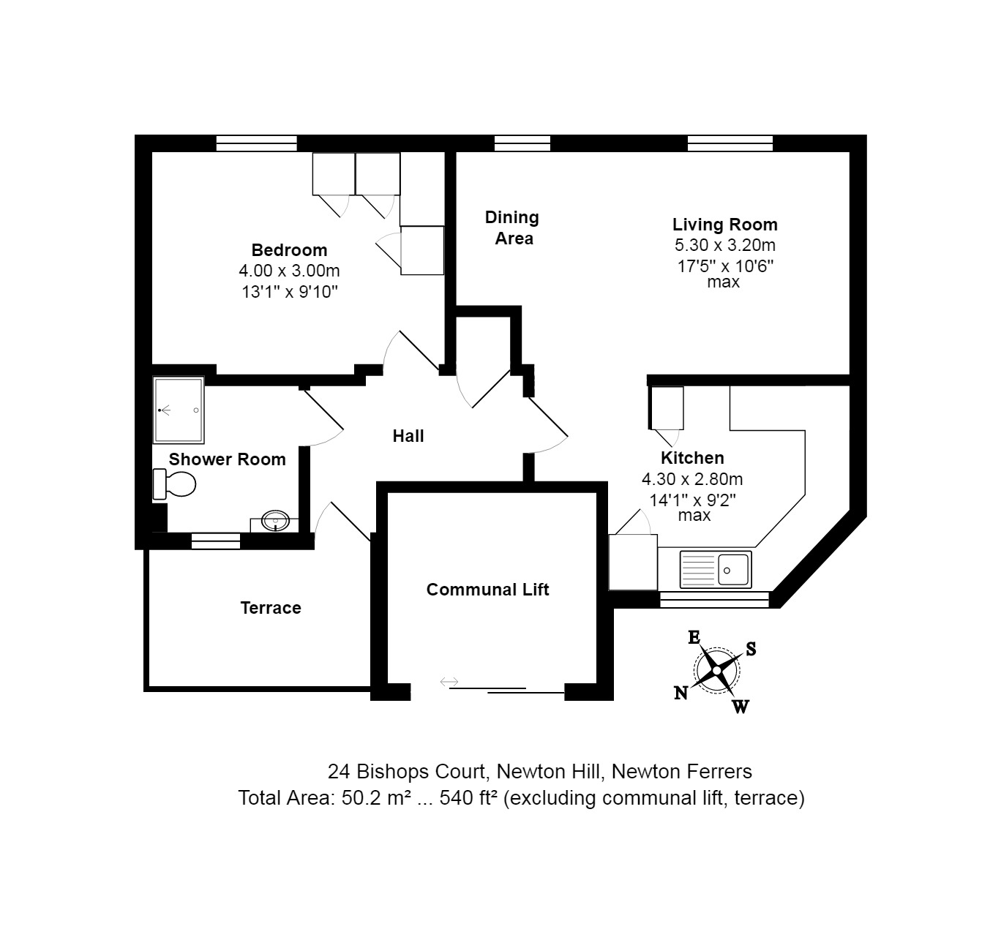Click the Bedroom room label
tap(289, 250)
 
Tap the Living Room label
tap(724, 225)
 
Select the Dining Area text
tap(512, 228)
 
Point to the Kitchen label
tap(692, 458)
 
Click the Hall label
tap(408, 436)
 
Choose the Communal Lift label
tap(487, 590)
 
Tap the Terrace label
tap(271, 608)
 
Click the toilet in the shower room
tap(176, 484)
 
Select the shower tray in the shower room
tap(179, 410)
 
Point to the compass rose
tap(716, 669)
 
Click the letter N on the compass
tap(681, 693)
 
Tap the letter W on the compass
tap(741, 707)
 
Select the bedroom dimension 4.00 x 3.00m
tap(289, 271)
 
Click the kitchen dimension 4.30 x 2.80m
tap(692, 480)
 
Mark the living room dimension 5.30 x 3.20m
tap(724, 245)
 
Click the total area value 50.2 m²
tap(373, 797)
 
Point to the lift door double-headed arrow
tap(449, 683)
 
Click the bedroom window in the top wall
tap(256, 143)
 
